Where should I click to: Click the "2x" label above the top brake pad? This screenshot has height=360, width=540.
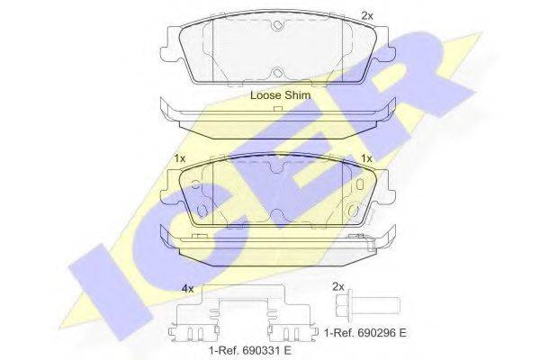(x=367, y=15)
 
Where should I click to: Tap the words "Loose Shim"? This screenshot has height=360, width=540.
(x=280, y=95)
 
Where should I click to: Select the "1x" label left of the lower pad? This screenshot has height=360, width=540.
(x=180, y=158)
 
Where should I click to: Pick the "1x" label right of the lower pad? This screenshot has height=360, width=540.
(x=366, y=158)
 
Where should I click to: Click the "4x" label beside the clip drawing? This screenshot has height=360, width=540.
(x=188, y=289)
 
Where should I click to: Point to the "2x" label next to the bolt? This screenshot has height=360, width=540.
(x=338, y=286)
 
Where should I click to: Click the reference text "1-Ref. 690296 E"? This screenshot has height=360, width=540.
(x=365, y=333)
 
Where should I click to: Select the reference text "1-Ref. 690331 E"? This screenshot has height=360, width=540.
(x=250, y=351)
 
